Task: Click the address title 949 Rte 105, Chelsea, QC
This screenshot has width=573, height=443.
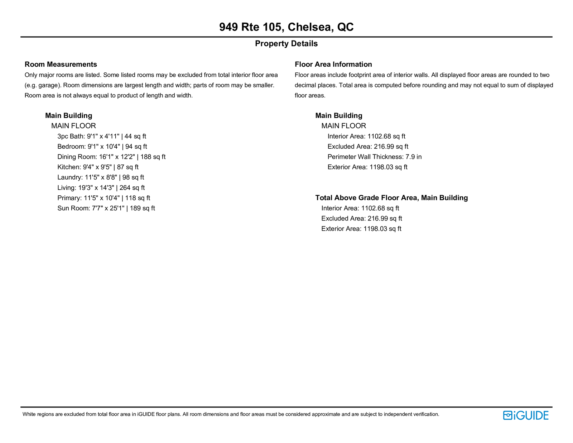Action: (x=286, y=27)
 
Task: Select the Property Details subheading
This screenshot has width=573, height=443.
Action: (x=286, y=44)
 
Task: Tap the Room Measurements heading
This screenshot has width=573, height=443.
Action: (x=61, y=65)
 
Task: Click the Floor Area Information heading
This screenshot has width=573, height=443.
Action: (x=333, y=65)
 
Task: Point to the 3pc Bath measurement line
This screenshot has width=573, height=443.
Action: (x=102, y=137)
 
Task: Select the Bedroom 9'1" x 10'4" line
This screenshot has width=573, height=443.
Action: (x=102, y=147)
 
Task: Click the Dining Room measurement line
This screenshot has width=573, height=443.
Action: (x=111, y=157)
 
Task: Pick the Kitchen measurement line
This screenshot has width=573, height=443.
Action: (x=98, y=167)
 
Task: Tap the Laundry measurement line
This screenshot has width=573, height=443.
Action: (x=101, y=177)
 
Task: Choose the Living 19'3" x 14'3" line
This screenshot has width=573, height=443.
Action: (x=101, y=188)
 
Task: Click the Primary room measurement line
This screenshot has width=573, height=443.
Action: (x=103, y=198)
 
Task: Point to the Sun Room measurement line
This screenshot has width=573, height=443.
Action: (x=106, y=209)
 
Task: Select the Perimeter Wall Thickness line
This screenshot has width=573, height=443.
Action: (x=375, y=157)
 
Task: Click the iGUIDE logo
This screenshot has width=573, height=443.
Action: (x=525, y=415)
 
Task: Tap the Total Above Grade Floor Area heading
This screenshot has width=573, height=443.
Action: (x=391, y=198)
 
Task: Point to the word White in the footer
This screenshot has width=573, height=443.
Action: (x=29, y=414)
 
